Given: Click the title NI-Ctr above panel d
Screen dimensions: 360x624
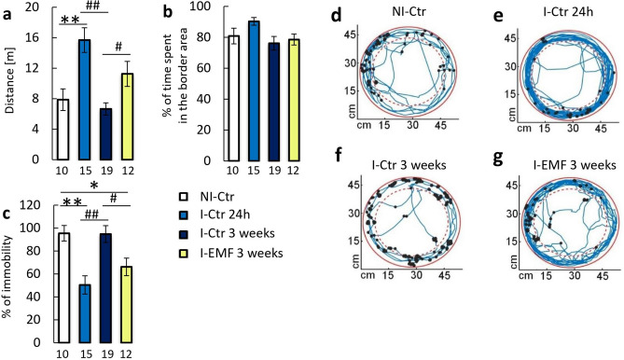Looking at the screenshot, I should coord(398,16).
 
